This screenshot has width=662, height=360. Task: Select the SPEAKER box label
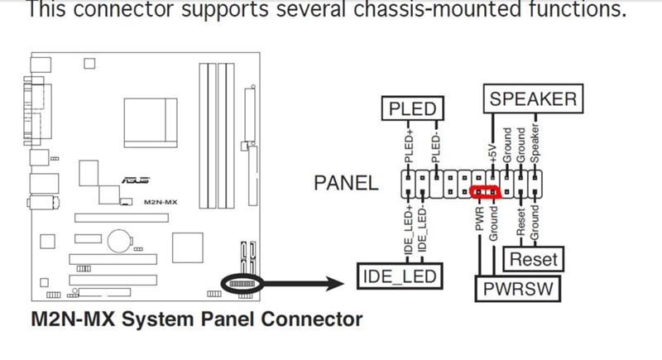pos(532,99)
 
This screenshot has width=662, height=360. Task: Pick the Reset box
pos(534,259)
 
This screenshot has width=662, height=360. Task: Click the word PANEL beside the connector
pos(346,183)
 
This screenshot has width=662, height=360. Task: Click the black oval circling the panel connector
pos(241,283)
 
